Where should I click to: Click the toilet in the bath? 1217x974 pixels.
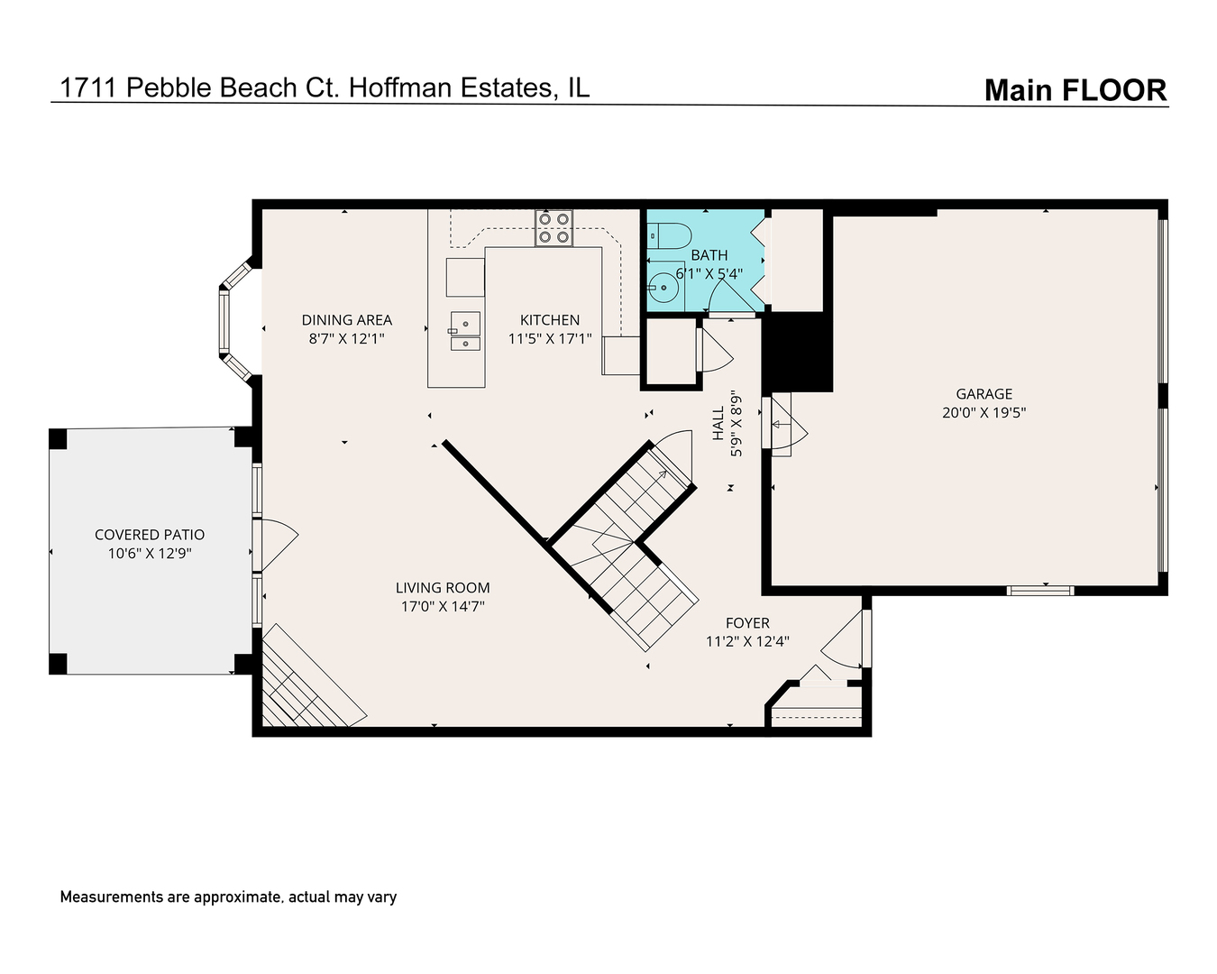click(668, 235)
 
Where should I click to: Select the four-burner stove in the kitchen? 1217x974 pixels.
click(554, 228)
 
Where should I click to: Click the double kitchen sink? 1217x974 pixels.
click(465, 331)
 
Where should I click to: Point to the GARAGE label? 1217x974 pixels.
click(984, 394)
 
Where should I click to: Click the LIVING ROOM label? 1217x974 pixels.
click(443, 588)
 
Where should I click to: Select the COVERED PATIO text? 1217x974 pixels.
click(150, 535)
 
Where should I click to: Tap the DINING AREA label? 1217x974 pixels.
click(346, 320)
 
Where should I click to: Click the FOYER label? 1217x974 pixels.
click(747, 623)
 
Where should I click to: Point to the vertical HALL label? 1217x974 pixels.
click(718, 423)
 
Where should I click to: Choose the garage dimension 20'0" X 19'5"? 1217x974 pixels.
click(984, 413)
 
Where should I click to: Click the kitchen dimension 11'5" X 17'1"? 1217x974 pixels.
click(550, 339)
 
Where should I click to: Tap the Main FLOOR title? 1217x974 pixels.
click(1075, 90)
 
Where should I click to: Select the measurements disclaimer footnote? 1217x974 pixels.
click(228, 897)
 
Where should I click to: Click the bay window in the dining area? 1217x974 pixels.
click(229, 320)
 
